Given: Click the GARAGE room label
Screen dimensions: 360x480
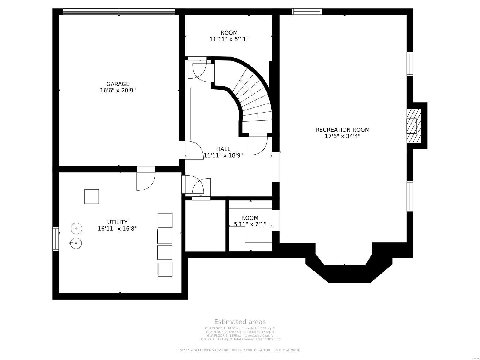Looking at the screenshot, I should tap(118, 84).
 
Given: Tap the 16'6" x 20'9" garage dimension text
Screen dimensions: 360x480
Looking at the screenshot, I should tap(118, 90).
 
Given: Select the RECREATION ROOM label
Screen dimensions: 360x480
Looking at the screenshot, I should tap(342, 130).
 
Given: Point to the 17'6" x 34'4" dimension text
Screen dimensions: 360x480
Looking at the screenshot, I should tap(342, 136).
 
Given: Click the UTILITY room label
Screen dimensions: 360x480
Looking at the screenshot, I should tap(117, 222).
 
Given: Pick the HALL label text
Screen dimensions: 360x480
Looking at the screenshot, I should tap(223, 149).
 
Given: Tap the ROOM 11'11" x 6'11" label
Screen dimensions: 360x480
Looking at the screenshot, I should tap(229, 36).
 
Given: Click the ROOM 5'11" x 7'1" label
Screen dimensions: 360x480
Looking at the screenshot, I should tap(250, 221).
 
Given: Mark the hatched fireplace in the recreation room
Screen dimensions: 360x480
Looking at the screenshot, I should tap(414, 126).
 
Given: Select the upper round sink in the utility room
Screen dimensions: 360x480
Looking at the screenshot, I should tap(76, 229).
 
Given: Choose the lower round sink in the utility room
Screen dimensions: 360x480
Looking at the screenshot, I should tap(76, 243).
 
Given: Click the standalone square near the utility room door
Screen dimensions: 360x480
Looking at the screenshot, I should tap(91, 196).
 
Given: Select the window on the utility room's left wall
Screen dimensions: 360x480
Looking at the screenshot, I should tap(56, 239).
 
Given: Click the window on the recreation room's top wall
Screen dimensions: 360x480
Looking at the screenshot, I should tap(307, 12).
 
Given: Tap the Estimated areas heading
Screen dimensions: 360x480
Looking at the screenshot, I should tap(240, 322).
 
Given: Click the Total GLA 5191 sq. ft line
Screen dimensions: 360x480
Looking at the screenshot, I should tap(240, 339).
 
